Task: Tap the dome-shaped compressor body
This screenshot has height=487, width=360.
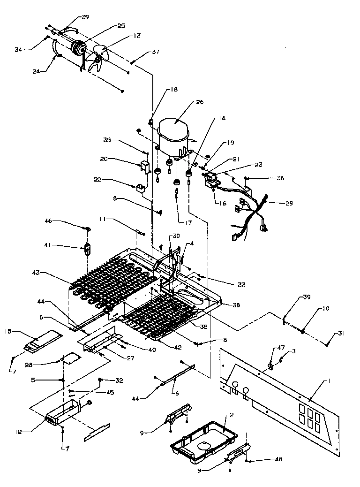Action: pos(173,131)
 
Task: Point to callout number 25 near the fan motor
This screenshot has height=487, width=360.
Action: pos(121,26)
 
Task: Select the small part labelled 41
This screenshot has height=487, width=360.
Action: pos(87,247)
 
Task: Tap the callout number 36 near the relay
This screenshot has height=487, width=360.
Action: pos(280,178)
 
